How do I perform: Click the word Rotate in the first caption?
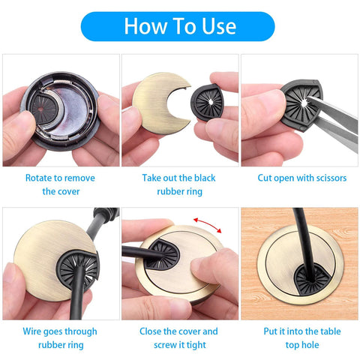[42, 178]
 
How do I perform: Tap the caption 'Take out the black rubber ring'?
[179, 185]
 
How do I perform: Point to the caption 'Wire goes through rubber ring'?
[59, 337]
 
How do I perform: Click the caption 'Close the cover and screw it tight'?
[179, 337]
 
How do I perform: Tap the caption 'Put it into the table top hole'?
[299, 337]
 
